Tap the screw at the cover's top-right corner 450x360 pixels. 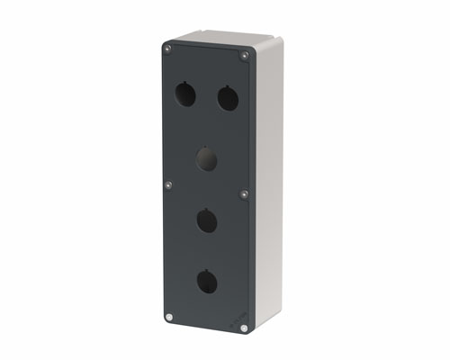click(244, 57)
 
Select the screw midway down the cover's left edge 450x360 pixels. click(168, 185)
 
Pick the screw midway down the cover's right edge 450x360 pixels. click(243, 193)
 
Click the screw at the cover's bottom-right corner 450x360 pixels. click(244, 328)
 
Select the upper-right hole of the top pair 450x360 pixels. click(228, 97)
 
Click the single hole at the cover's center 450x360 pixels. click(206, 160)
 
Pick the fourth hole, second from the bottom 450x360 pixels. click(206, 220)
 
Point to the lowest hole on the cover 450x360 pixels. click(206, 283)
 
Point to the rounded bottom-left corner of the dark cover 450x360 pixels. click(165, 320)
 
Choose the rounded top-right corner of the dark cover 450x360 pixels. click(248, 52)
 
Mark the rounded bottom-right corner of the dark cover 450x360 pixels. click(248, 333)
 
